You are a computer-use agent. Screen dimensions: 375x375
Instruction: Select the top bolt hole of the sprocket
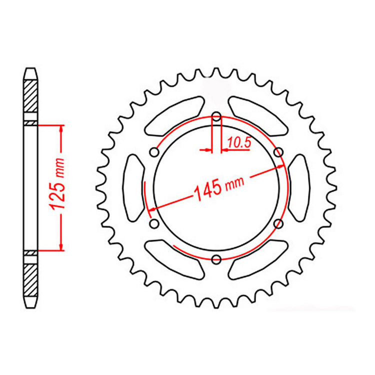click(x=216, y=117)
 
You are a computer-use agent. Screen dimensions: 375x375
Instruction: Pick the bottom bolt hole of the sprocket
click(x=216, y=259)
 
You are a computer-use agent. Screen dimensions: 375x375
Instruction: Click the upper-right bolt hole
click(x=278, y=152)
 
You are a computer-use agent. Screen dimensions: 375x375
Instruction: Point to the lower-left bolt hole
click(x=154, y=222)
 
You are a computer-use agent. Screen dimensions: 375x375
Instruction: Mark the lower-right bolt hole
click(x=278, y=223)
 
